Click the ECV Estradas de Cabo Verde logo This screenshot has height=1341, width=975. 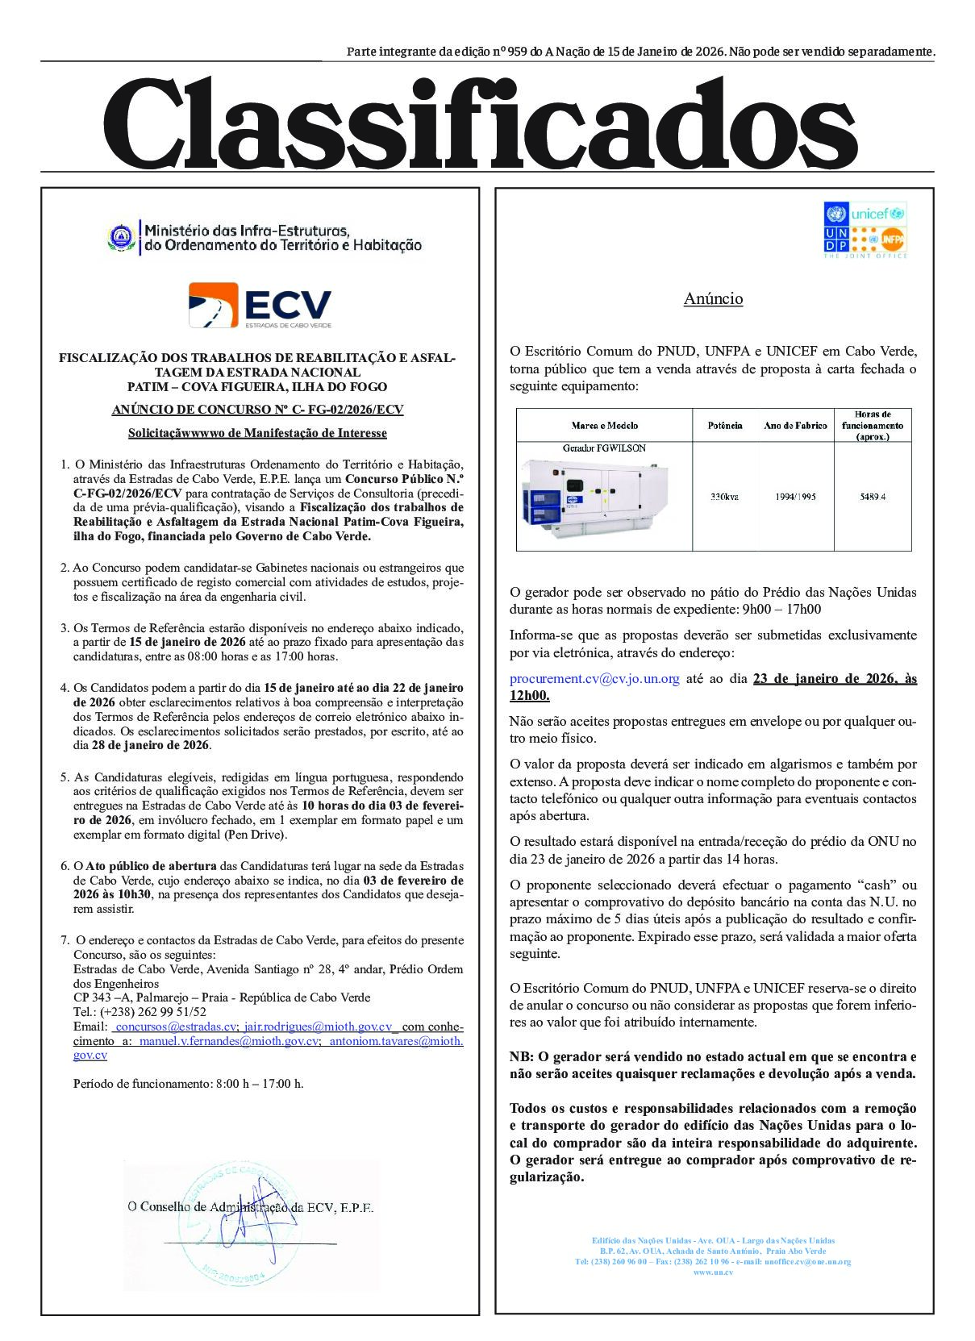(x=260, y=305)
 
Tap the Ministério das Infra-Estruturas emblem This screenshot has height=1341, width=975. (x=119, y=237)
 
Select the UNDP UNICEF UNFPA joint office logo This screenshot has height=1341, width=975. (x=865, y=230)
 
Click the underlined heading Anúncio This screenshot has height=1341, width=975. (x=713, y=299)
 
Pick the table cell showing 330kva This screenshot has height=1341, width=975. (x=724, y=497)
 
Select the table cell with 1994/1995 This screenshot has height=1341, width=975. (x=795, y=497)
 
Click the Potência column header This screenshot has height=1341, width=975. (x=724, y=426)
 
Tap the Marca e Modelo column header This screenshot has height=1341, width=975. (x=604, y=426)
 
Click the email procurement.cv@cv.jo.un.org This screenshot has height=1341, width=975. (x=594, y=679)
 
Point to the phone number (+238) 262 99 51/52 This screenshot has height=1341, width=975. (x=140, y=1012)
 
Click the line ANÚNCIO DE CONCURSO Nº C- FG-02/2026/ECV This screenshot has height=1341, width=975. (x=257, y=410)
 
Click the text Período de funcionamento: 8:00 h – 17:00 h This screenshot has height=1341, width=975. (x=188, y=1084)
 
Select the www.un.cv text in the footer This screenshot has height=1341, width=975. (x=713, y=1272)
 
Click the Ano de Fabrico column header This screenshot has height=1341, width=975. (x=795, y=426)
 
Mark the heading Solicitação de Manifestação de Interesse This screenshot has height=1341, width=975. (x=257, y=433)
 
